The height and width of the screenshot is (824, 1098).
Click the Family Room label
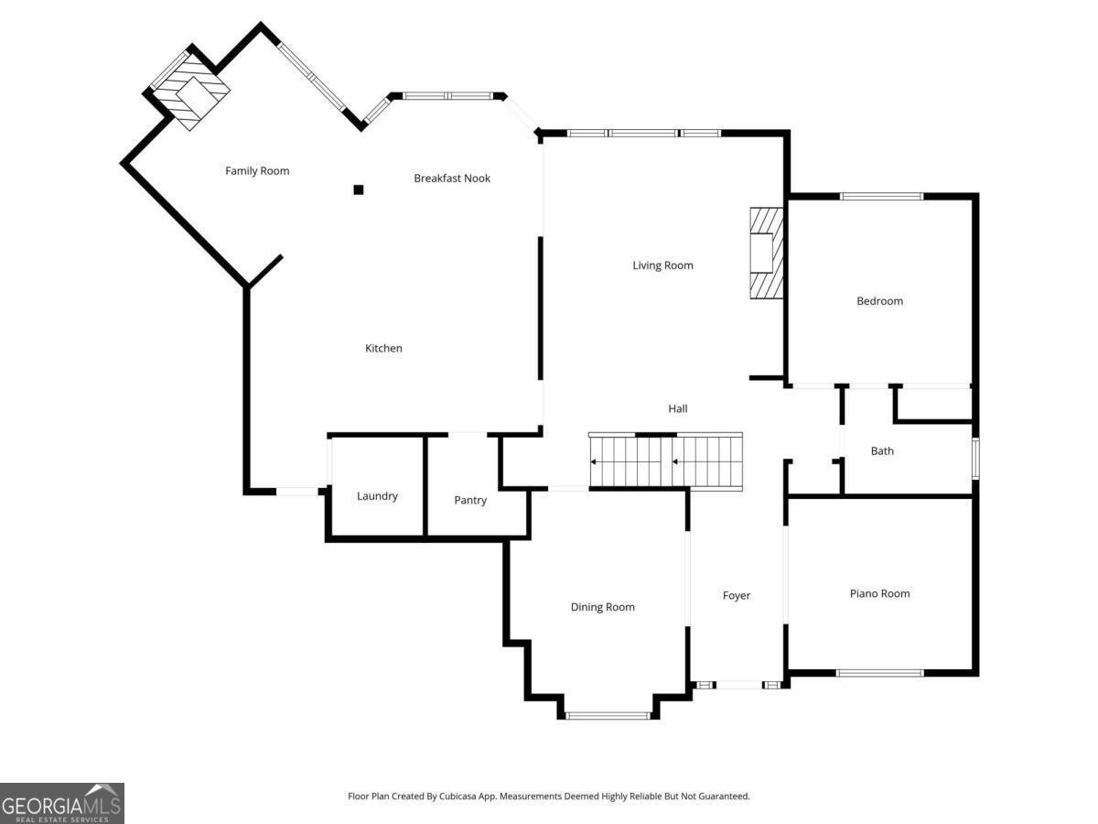(x=257, y=171)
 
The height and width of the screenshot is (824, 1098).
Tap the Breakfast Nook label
(x=452, y=179)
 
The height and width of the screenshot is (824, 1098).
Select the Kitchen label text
(x=383, y=349)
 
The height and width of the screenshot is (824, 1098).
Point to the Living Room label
(x=662, y=266)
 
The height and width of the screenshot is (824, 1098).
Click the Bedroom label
(x=879, y=301)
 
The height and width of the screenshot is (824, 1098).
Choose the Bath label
(x=882, y=451)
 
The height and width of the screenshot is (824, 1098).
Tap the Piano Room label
(x=879, y=594)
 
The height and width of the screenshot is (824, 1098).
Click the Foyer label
(x=737, y=596)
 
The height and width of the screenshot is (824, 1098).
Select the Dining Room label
(x=602, y=608)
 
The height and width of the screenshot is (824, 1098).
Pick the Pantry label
(x=470, y=501)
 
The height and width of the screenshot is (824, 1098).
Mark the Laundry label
(x=377, y=496)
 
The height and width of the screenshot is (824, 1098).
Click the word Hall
(x=677, y=409)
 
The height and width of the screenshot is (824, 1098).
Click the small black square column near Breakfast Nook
(x=359, y=190)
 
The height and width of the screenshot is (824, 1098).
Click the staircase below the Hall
(x=665, y=461)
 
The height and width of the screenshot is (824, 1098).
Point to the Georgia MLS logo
(x=61, y=803)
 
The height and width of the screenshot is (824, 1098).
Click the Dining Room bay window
(x=608, y=715)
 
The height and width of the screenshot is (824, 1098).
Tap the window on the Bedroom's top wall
(x=881, y=196)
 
